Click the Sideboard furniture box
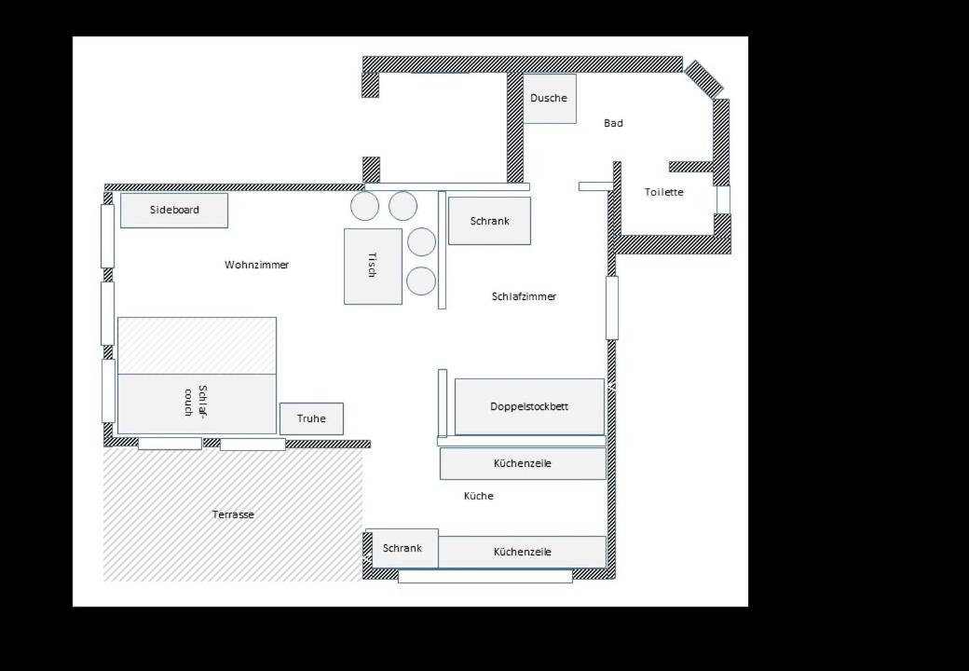coord(173,210)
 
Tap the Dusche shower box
coord(550,98)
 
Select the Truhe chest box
coord(311,418)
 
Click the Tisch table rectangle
coord(373,267)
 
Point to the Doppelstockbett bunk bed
coord(529,406)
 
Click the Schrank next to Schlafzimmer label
coord(489,221)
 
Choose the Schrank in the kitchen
coord(403,548)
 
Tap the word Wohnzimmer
coord(256,265)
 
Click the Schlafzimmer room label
coord(524,296)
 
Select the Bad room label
coord(613,123)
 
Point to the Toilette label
coord(663,192)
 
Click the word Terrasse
coord(233,514)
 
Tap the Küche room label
coord(478,496)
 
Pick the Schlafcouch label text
coord(197,401)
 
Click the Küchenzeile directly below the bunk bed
coord(523,463)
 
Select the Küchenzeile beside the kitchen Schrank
coord(522,552)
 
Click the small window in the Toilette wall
coord(722,199)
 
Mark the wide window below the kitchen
coord(485,577)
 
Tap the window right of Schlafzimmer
coord(612,308)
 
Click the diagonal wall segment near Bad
coord(703,79)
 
